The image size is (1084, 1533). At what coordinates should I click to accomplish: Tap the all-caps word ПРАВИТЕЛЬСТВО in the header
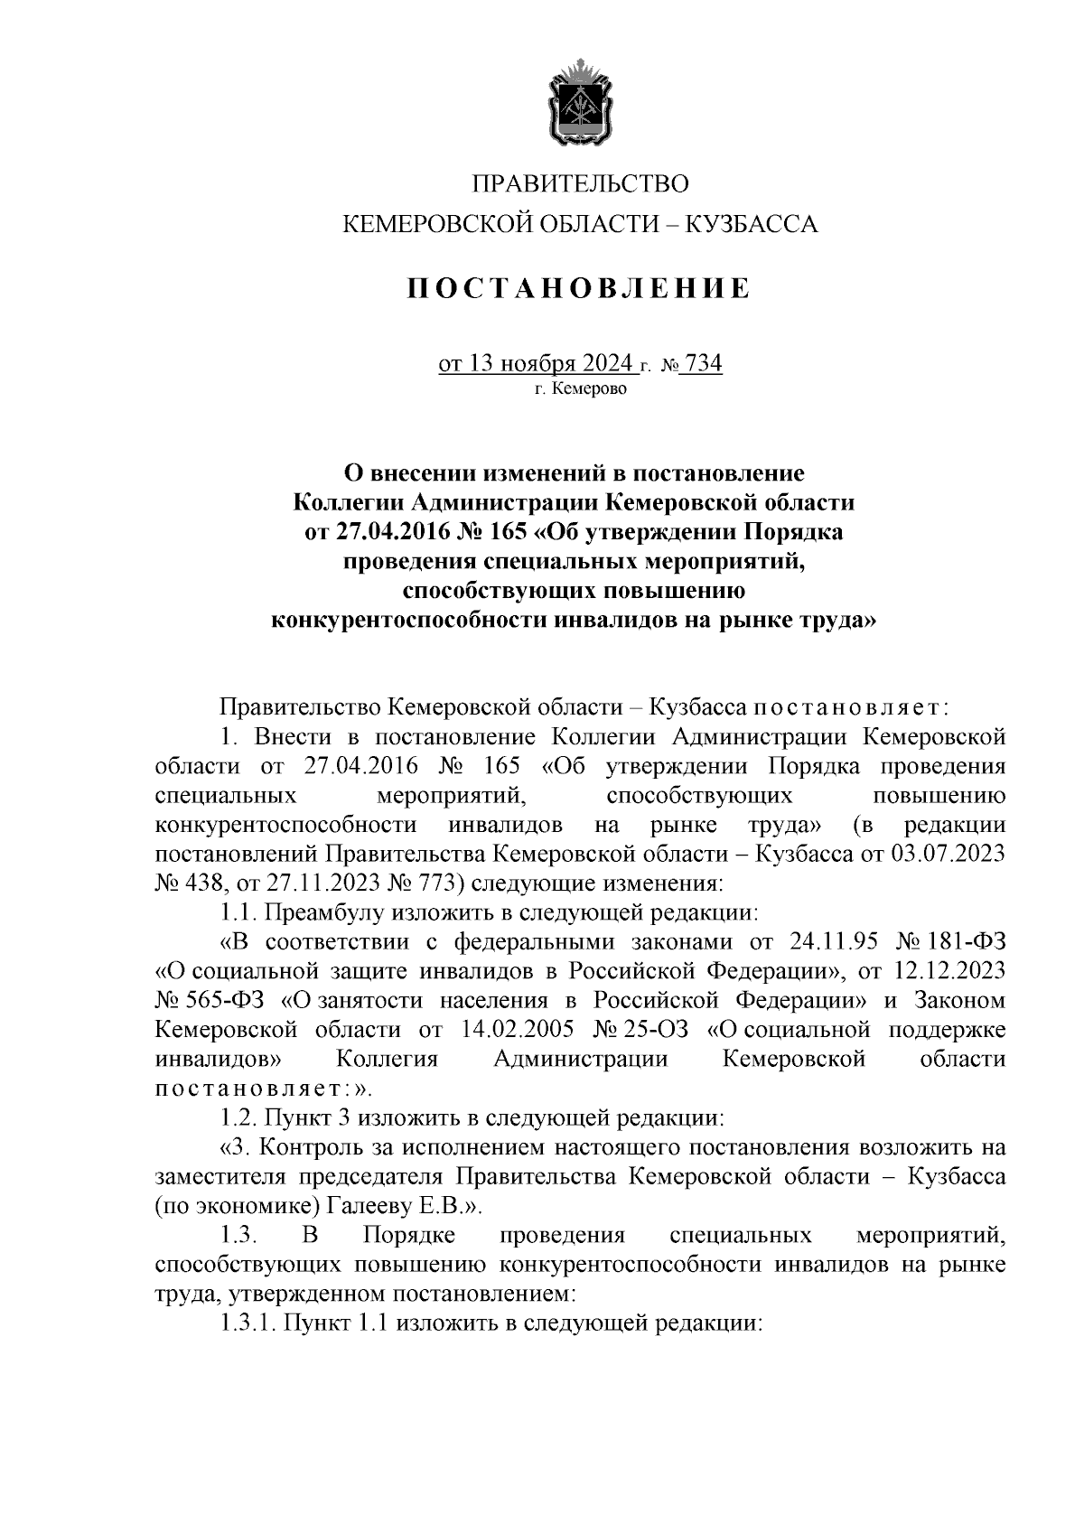580,183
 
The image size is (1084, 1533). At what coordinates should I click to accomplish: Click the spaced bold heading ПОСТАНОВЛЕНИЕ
579,288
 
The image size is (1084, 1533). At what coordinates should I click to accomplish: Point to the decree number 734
704,363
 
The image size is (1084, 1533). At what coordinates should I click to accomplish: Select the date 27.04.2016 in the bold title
398,532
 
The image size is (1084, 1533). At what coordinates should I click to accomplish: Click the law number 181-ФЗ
966,941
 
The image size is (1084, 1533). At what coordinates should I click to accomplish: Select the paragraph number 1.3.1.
250,1323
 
